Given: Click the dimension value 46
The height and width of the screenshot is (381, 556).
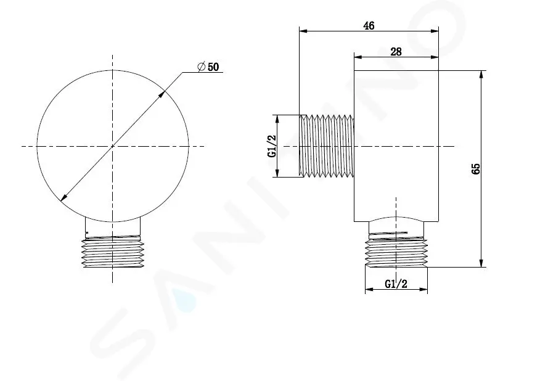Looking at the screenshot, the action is (x=369, y=25).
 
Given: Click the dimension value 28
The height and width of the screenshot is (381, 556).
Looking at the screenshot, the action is (x=396, y=52).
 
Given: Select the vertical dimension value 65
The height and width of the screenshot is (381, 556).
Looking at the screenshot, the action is (x=476, y=168).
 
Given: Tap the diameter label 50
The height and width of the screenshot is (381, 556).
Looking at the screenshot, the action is (x=213, y=67).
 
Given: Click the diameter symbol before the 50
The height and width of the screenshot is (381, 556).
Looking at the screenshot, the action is (x=202, y=67).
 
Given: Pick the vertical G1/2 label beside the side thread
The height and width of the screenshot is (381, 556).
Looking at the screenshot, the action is (x=272, y=146).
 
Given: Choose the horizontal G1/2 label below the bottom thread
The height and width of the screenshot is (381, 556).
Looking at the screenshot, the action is (x=396, y=284).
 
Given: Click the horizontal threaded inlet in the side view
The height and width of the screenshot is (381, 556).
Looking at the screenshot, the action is (x=327, y=145).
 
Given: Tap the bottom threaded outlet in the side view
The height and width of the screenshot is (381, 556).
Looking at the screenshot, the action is (x=396, y=253).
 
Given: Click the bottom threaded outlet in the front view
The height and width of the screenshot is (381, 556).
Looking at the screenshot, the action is (x=112, y=253).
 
